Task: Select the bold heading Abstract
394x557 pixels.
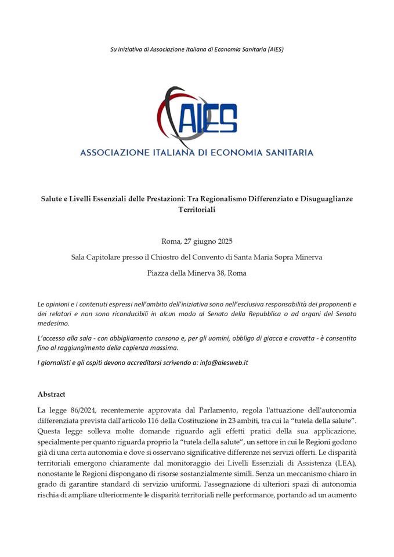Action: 51,394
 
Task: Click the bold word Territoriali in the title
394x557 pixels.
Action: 197,209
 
